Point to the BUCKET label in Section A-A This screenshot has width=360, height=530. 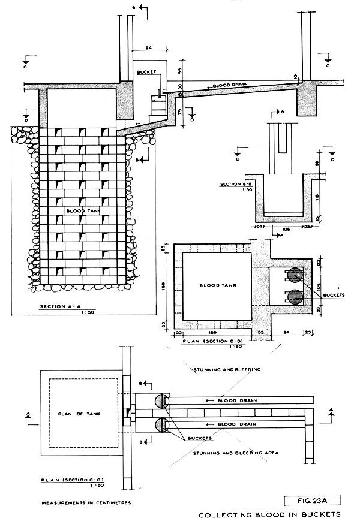click(146, 72)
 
